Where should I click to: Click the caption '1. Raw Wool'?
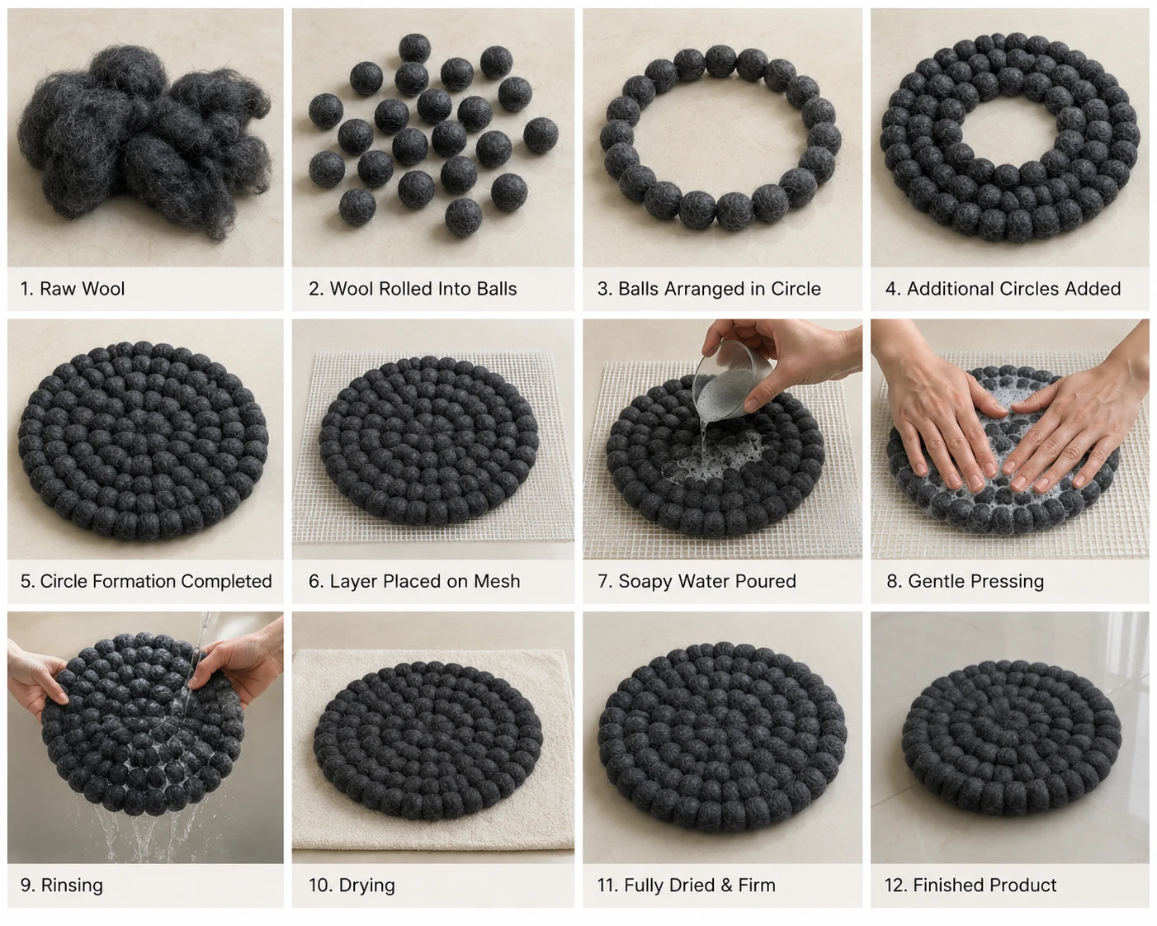[73, 289]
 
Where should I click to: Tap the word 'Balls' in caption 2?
[493, 289]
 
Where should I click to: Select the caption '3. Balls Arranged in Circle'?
[709, 289]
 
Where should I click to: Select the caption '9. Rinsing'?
[61, 885]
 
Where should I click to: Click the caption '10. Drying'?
[352, 885]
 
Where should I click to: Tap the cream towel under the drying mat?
[433, 839]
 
